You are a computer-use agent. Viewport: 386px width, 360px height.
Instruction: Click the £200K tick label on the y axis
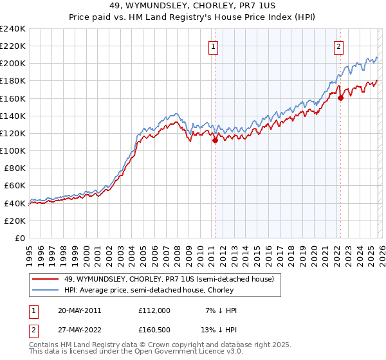pos(12,64)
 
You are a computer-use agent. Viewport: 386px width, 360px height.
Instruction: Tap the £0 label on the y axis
pos(21,238)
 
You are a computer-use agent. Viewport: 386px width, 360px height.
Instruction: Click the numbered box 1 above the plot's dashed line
pos(213,46)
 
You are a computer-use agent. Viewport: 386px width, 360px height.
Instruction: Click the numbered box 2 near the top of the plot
pos(338,46)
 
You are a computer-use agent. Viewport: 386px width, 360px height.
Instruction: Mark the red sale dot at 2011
pos(215,141)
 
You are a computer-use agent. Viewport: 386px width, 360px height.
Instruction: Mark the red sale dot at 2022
pos(341,98)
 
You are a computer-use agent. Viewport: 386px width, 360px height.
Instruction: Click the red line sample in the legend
pos(46,279)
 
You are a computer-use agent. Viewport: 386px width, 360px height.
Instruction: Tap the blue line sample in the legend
pos(46,290)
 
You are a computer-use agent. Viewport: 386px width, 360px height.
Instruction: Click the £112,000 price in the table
pos(154,310)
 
